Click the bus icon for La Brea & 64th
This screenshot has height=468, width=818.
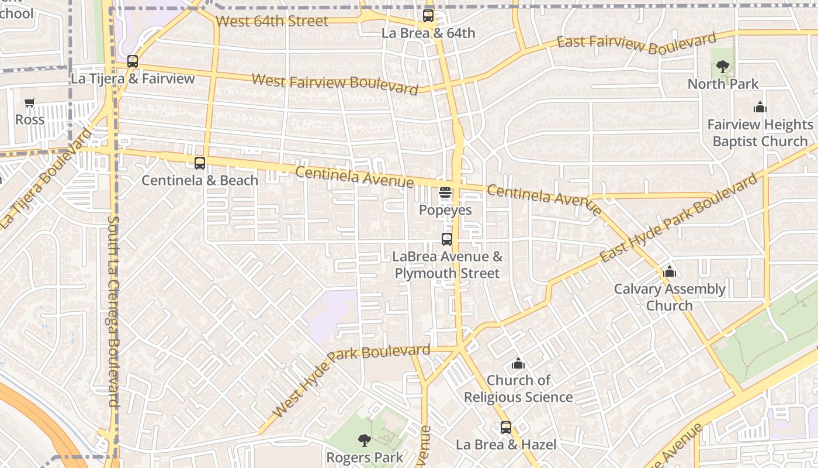coord(428,16)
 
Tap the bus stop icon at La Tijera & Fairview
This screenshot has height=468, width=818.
coord(133,61)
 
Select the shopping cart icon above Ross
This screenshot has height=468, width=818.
coord(30,103)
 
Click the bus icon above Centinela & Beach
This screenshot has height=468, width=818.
coord(200,163)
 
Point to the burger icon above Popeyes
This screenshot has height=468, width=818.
coord(445,192)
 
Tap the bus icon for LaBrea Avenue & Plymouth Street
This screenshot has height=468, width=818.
coord(447,239)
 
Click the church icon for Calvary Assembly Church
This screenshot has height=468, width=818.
coord(670,272)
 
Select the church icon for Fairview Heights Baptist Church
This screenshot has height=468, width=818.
coord(760,108)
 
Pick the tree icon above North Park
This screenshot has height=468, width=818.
coord(723,67)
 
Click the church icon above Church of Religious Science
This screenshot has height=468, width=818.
coord(518,364)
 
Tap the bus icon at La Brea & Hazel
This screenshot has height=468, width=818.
coord(506,428)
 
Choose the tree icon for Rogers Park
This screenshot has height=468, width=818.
coord(365,441)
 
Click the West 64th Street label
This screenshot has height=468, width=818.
coord(272,22)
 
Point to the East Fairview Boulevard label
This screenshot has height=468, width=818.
coord(636,44)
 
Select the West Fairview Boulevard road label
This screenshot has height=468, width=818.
coord(335,84)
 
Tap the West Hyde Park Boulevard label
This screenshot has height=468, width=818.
coord(351,381)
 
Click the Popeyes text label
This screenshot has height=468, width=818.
coord(445,210)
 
